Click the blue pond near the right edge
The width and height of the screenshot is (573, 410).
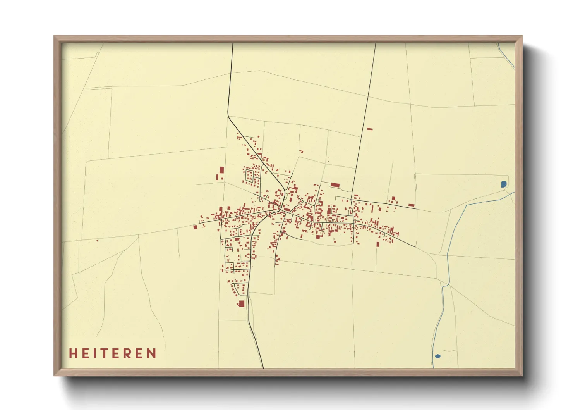click(x=503, y=184)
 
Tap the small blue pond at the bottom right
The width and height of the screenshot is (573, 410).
click(x=437, y=356)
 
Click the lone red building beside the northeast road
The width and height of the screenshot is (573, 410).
click(x=370, y=129)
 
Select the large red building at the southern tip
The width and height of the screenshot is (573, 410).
click(x=241, y=303)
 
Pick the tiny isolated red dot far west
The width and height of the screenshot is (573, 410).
click(x=97, y=241)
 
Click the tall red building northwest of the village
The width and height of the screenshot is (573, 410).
click(x=221, y=170)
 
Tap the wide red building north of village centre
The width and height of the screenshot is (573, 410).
click(x=335, y=185)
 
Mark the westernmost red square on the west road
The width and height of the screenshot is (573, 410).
click(x=196, y=227)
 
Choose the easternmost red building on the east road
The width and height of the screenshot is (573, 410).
click(x=411, y=205)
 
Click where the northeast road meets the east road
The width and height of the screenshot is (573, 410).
click(x=352, y=200)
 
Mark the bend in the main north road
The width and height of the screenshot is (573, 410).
click(x=228, y=115)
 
